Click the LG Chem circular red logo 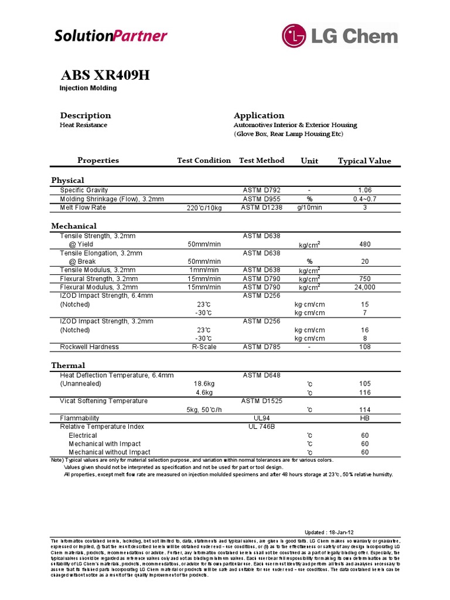(295, 36)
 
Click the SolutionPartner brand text (111, 36)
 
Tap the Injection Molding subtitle (88, 88)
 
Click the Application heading (259, 115)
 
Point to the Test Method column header (261, 161)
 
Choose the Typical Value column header (364, 161)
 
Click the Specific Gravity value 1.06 (364, 190)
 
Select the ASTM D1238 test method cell (261, 207)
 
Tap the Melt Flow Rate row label (83, 207)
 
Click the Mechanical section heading (74, 226)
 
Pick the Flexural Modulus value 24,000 (364, 287)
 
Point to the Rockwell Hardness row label (89, 347)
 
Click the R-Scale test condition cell (204, 347)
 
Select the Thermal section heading (68, 365)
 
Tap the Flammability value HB (364, 418)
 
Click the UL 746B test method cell (261, 427)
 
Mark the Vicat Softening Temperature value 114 (364, 410)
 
